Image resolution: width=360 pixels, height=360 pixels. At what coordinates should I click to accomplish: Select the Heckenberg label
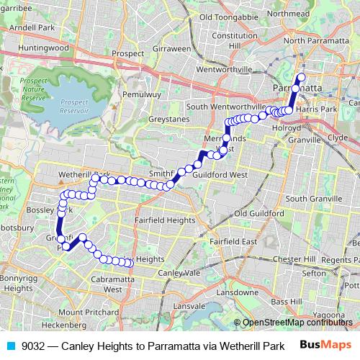point(69,326)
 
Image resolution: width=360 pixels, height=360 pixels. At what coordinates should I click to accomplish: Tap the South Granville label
point(312,198)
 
